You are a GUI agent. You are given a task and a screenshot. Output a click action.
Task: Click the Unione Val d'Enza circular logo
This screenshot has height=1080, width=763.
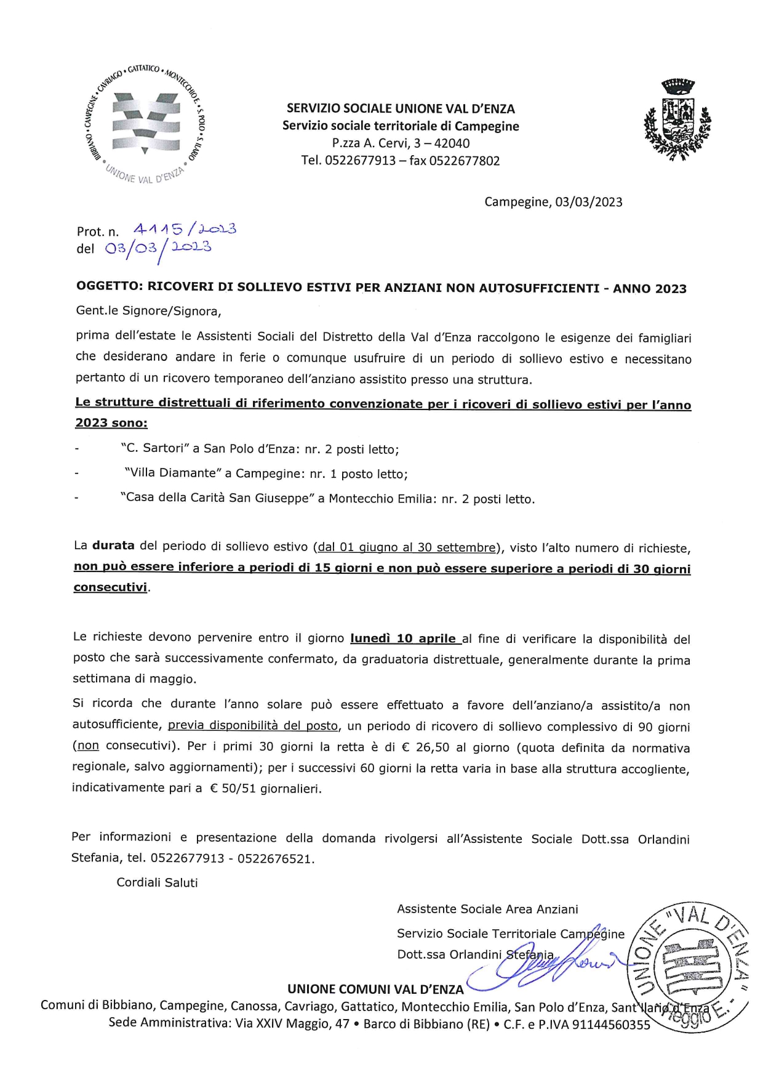pos(145,124)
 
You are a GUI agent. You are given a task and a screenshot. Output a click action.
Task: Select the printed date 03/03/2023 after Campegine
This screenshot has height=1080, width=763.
pos(588,202)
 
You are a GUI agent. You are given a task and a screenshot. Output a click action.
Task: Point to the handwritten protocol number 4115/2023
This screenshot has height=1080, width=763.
pos(185,230)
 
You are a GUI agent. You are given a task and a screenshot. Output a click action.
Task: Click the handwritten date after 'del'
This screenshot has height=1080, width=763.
pos(158,248)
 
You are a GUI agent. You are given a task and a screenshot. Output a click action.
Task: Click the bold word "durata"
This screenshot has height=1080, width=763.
pos(113,546)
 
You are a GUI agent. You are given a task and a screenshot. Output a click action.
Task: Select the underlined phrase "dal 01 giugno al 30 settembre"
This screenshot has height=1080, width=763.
pos(407,547)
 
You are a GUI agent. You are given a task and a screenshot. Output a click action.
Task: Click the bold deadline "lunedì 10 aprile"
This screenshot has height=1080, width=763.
pos(403,638)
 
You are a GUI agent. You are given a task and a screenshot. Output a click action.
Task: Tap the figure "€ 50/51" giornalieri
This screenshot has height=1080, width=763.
pos(233,788)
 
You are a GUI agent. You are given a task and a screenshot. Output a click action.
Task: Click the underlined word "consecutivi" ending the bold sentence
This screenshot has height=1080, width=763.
pos(111,587)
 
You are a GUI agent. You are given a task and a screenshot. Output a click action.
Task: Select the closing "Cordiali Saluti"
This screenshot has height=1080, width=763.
pos(158,882)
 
